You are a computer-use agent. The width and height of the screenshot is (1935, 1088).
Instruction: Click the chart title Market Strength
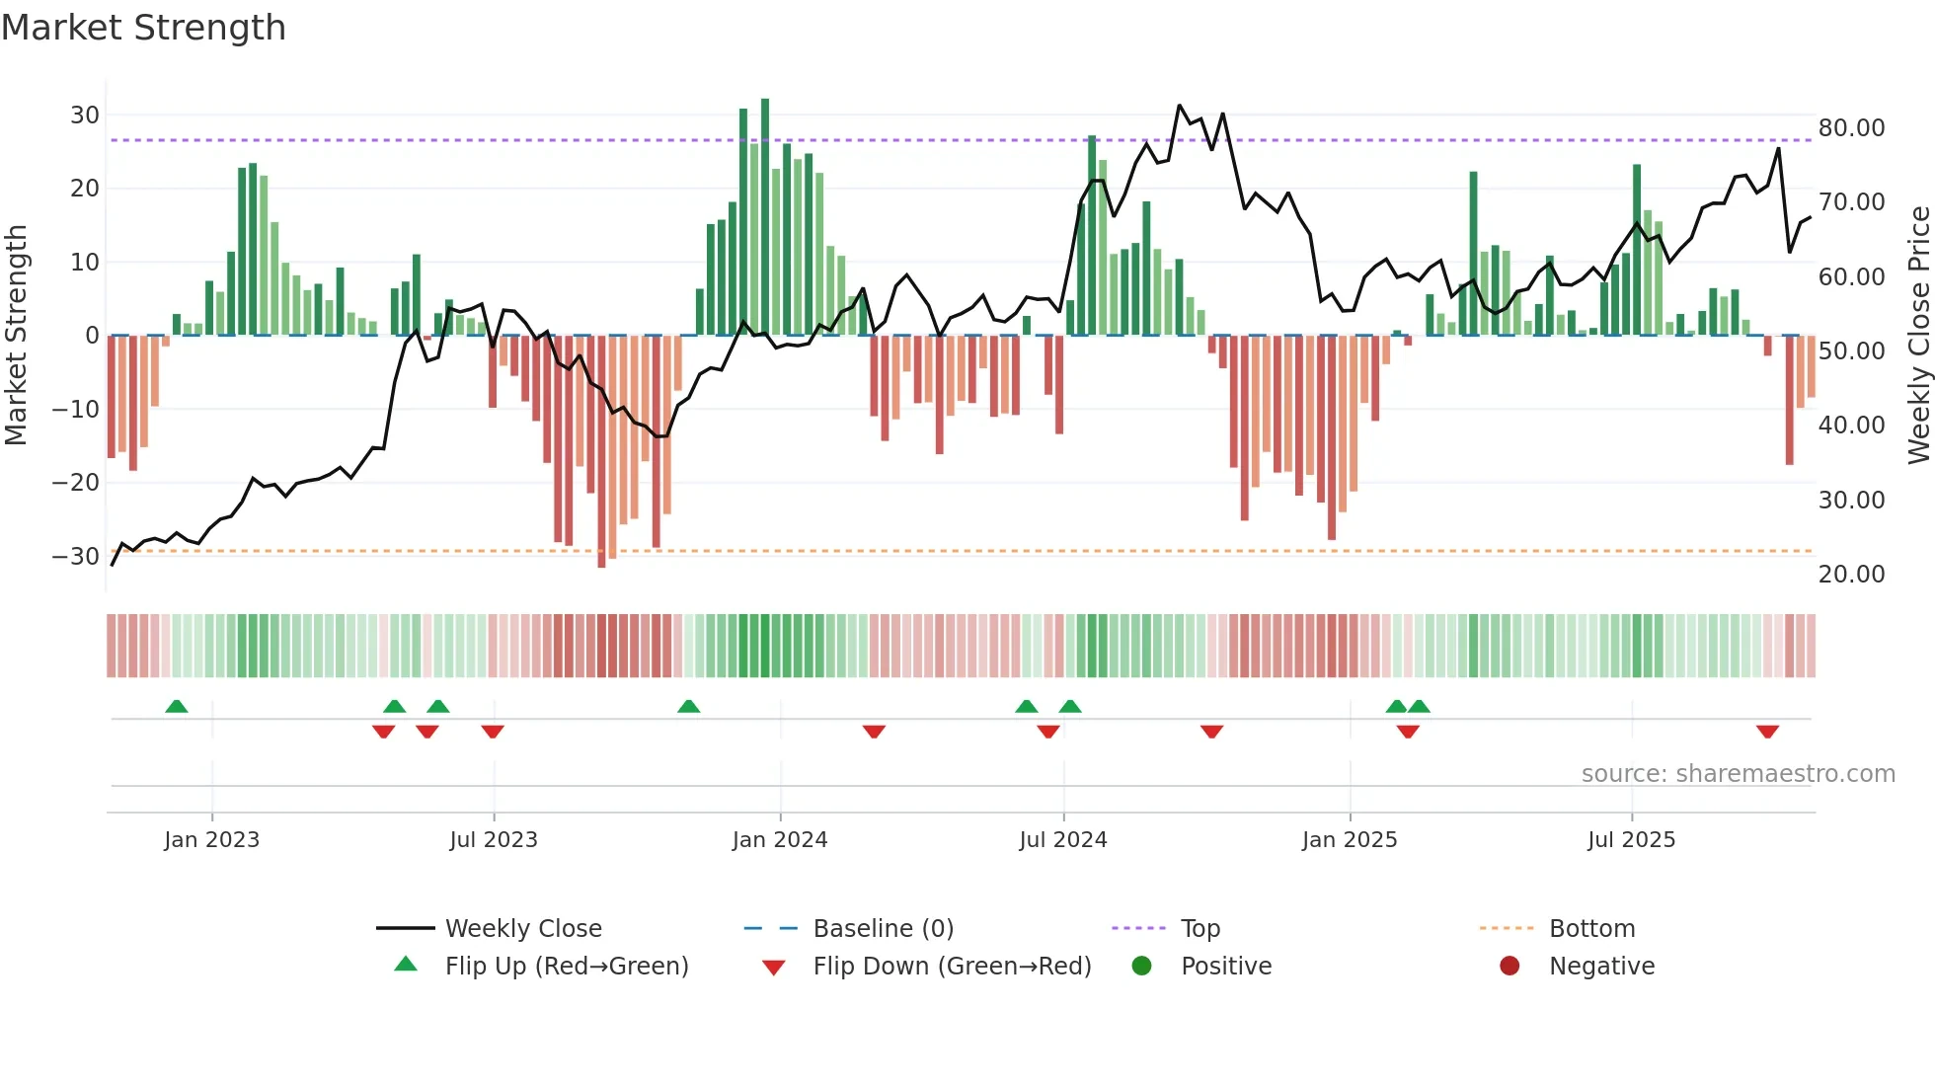click(143, 28)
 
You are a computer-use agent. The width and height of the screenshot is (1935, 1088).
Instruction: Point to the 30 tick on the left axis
click(85, 116)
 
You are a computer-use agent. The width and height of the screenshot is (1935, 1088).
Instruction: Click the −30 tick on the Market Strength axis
click(77, 557)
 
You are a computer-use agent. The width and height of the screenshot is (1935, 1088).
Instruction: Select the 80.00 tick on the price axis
click(1851, 128)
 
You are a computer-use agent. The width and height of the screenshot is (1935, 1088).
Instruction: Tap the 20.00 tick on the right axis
click(1851, 575)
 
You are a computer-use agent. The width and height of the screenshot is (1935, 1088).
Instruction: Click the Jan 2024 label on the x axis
click(779, 840)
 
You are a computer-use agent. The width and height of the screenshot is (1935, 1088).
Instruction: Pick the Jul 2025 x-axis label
click(1631, 840)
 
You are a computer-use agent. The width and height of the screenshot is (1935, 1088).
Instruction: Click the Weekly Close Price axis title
click(1918, 336)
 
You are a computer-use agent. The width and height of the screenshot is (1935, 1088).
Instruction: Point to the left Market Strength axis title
click(17, 336)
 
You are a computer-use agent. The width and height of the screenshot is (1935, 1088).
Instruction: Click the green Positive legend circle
click(1141, 967)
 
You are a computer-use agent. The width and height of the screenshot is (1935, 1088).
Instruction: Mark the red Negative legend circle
click(1509, 967)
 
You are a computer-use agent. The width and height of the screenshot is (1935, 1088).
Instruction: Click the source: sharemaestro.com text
click(1738, 774)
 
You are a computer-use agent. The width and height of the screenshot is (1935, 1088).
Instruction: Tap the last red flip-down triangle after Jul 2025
click(1767, 732)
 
